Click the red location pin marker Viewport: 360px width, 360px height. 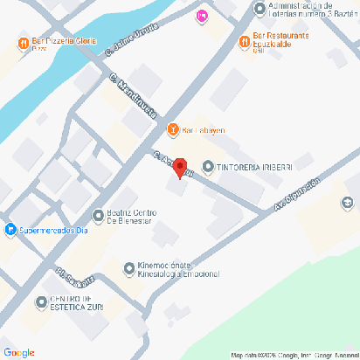180,168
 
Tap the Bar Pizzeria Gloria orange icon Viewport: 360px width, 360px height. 22,43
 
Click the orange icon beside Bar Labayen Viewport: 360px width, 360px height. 173,130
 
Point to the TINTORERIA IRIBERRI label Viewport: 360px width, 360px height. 249,166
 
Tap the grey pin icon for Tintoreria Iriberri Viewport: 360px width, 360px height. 208,166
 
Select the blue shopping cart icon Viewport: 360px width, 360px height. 10,231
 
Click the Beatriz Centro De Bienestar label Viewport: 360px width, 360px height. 131,217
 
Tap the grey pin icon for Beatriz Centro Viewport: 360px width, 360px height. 97,216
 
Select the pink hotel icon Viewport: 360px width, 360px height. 203,15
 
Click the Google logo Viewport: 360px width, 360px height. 19,352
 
